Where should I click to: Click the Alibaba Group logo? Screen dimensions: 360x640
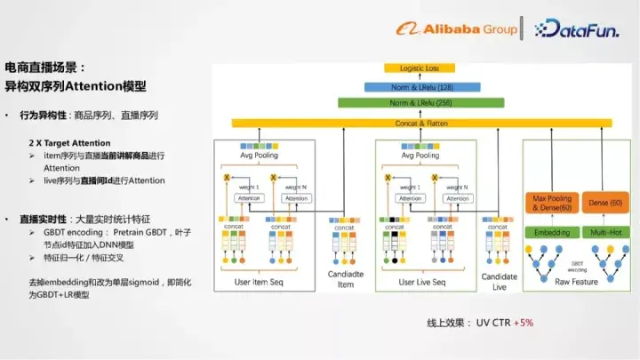457,28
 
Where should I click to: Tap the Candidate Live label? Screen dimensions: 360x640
499,281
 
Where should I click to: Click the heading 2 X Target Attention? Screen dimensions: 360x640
70,143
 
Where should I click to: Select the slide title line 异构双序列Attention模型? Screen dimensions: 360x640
76,87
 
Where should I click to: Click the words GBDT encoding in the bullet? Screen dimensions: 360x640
77,231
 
